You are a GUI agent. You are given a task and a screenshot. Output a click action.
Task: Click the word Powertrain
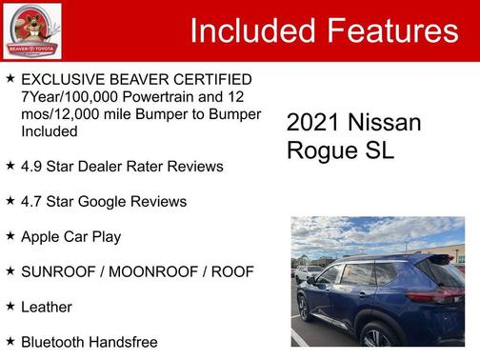click(x=158, y=96)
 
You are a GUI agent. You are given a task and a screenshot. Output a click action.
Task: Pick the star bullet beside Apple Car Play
click(x=10, y=235)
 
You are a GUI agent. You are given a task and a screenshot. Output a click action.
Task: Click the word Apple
click(x=43, y=236)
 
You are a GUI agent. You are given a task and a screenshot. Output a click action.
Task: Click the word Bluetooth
click(x=54, y=341)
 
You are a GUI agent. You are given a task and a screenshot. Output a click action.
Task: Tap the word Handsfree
click(x=124, y=341)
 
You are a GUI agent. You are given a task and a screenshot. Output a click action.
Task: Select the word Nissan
click(x=384, y=123)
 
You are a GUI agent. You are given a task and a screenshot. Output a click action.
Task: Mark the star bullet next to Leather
click(x=10, y=306)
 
